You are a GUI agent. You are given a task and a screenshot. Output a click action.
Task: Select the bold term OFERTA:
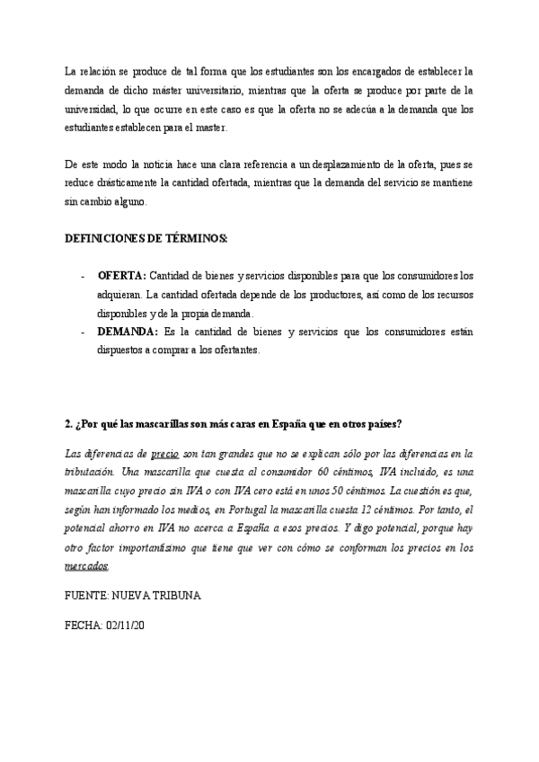121,274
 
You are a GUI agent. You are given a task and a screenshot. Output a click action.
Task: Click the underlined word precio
164,453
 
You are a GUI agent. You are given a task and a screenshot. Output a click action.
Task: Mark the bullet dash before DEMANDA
83,332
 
